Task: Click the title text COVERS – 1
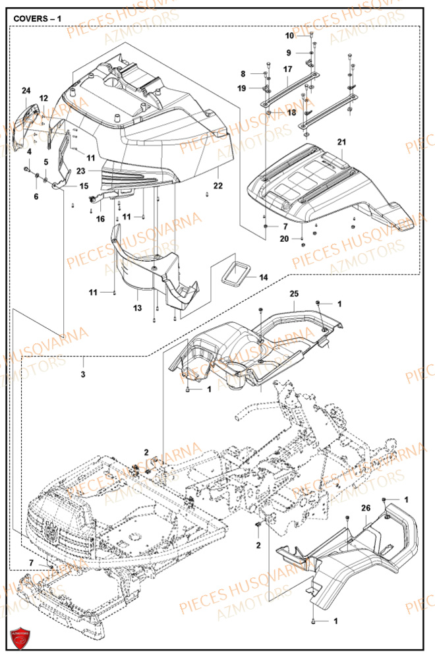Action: [x=38, y=18]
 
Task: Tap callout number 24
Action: [x=26, y=90]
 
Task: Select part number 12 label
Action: [x=43, y=98]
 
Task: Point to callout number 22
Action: [x=218, y=186]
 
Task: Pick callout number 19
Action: [x=242, y=88]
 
